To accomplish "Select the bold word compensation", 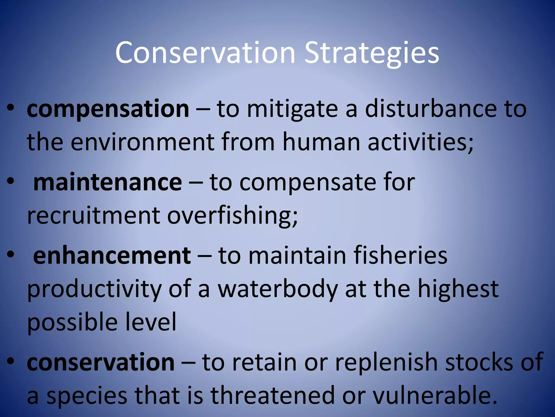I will [x=108, y=109].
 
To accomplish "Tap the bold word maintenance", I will [x=107, y=182].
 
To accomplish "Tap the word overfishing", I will [x=232, y=216].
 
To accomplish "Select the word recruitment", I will [x=94, y=216].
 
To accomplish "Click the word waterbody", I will [x=278, y=289].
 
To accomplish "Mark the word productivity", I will [x=94, y=289].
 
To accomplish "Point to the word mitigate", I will [x=292, y=110].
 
